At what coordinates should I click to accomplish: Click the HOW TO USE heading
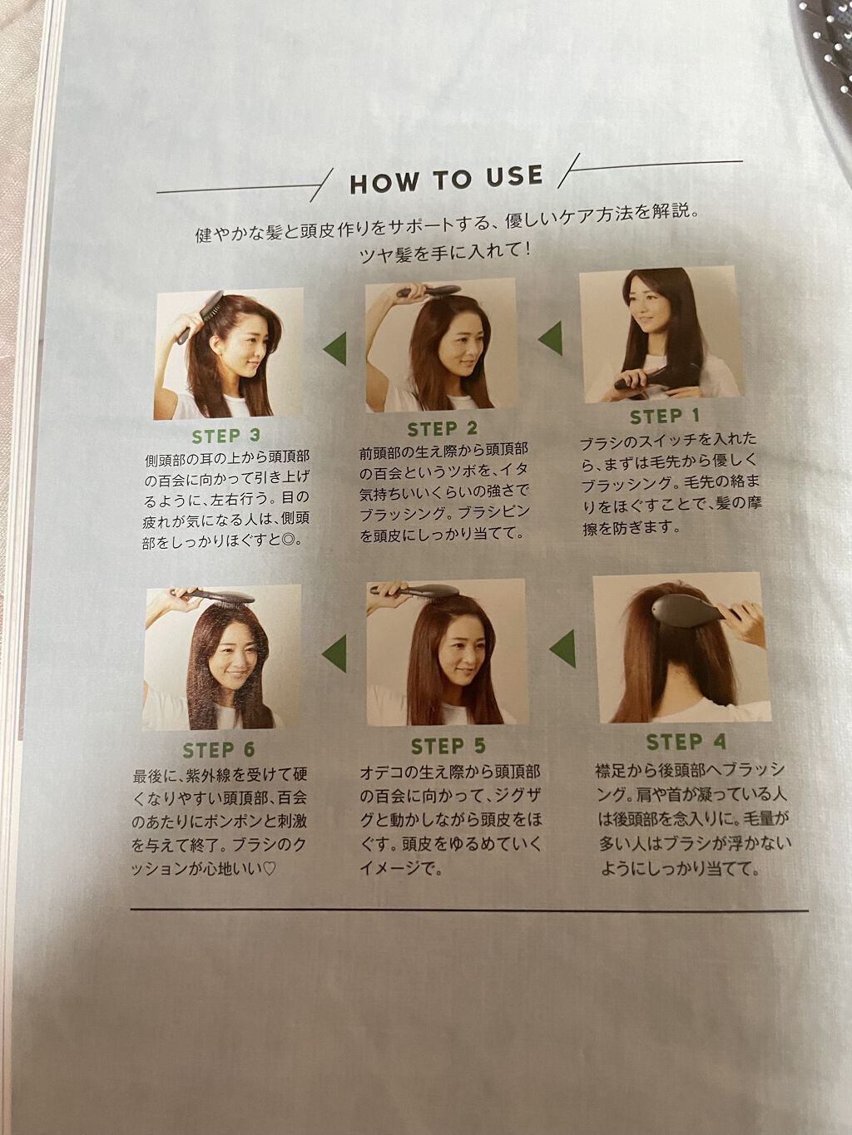447,180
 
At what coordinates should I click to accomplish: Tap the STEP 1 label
665,416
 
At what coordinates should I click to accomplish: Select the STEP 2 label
443,429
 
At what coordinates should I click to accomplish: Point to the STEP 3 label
226,436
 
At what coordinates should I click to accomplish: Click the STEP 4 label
686,742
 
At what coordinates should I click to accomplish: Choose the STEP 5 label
448,746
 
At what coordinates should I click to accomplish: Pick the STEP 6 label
219,750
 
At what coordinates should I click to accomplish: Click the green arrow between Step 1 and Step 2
551,338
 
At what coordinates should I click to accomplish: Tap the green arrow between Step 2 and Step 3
334,349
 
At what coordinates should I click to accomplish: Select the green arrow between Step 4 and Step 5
562,649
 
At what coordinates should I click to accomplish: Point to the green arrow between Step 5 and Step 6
334,654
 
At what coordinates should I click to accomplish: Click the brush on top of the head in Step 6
220,596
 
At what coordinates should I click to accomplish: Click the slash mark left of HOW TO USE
322,185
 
